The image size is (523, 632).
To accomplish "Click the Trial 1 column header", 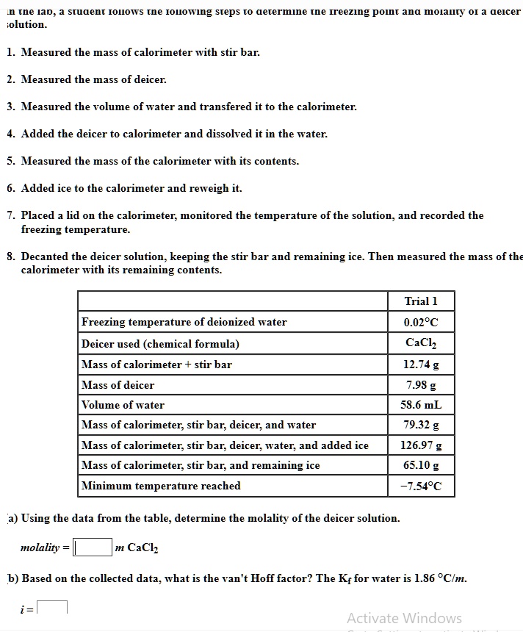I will (x=421, y=301).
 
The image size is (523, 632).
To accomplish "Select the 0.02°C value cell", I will (x=421, y=322).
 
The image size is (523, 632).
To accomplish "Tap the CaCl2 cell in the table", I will (x=421, y=343).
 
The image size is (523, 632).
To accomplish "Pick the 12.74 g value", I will (x=421, y=365).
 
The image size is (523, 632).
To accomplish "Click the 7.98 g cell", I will (x=421, y=385).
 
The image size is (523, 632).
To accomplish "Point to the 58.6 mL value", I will (x=421, y=405).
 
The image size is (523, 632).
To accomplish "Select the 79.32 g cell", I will (x=421, y=425).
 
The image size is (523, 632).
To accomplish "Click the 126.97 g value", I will (x=421, y=445).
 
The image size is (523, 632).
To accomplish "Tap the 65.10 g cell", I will (x=421, y=465).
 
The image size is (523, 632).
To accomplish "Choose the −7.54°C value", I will (x=421, y=486).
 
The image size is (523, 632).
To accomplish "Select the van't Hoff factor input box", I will (x=53, y=607).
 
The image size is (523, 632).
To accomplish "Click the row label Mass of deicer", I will (x=118, y=385).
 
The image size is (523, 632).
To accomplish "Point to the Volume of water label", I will (x=123, y=405).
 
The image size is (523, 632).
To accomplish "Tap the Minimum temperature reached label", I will (x=161, y=486).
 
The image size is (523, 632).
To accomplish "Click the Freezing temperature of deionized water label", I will (x=184, y=322).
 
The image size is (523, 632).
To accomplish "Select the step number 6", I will (x=10, y=188).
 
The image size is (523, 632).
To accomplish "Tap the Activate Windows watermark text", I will (x=404, y=618).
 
